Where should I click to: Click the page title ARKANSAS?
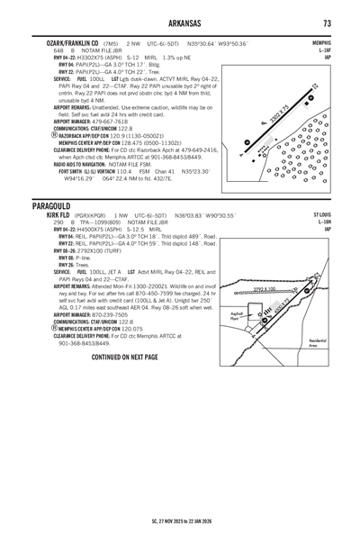pos(180,23)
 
